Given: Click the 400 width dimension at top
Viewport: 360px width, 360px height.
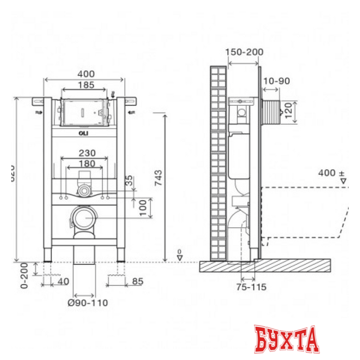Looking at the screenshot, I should pyautogui.click(x=86, y=74).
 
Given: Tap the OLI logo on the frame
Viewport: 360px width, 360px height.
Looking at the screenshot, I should pyautogui.click(x=83, y=134).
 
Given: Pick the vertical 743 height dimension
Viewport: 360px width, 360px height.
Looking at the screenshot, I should pyautogui.click(x=158, y=179).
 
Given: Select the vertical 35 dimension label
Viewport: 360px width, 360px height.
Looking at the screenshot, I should pyautogui.click(x=130, y=181).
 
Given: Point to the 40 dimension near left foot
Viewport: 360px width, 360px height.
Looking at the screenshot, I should pyautogui.click(x=62, y=281).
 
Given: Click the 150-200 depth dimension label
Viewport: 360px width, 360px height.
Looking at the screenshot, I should pyautogui.click(x=244, y=52).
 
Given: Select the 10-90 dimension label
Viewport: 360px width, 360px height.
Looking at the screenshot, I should pyautogui.click(x=276, y=81).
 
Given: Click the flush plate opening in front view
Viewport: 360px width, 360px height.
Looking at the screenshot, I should pyautogui.click(x=83, y=111).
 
